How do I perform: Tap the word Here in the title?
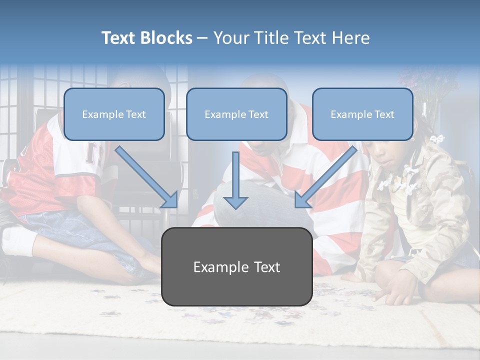point(350,38)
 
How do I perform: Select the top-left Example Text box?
point(114,114)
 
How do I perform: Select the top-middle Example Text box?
point(236,114)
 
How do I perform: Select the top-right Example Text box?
point(362,114)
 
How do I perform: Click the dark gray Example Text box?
point(236,266)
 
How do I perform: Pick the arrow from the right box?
point(325,177)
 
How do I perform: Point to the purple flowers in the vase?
point(425,85)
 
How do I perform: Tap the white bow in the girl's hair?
point(438,138)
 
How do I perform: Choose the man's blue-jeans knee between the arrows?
point(260,200)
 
